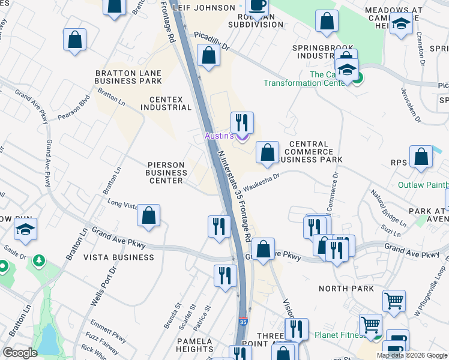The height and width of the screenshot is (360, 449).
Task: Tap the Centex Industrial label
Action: point(166,103)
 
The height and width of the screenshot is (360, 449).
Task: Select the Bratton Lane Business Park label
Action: point(128,76)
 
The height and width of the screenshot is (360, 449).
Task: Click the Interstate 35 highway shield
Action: point(243,322)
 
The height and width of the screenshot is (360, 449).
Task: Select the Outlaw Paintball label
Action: point(423,185)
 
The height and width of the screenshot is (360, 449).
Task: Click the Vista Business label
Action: point(118,257)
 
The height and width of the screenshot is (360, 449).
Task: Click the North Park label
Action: point(346,289)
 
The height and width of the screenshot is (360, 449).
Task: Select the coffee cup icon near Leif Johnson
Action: point(258,6)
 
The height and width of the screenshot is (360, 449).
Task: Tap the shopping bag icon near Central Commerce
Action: point(267,152)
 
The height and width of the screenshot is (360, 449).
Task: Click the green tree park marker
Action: point(40,260)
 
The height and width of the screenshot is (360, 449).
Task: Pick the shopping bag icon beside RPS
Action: point(422,157)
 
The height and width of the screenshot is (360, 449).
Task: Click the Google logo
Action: point(20,352)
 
